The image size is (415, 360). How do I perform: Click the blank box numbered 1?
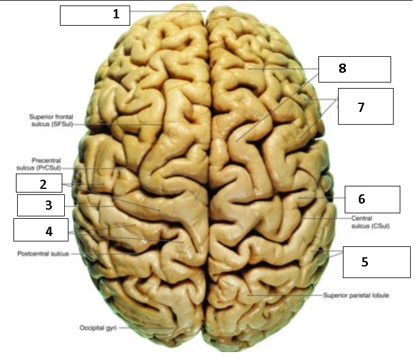95,15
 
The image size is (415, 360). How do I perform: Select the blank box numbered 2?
39,183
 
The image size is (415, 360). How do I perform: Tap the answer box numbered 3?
40,205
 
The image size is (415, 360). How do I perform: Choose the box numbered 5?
375,262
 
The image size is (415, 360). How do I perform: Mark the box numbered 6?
372,199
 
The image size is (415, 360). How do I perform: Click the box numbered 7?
365,106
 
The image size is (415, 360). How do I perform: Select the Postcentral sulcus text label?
43,253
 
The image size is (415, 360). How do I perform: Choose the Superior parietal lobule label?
356,295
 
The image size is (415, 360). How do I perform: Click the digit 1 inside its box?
116,14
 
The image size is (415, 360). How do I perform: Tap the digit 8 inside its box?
342,68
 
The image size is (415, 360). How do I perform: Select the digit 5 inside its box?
364,262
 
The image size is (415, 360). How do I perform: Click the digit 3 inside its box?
49,205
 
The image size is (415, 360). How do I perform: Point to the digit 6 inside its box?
361,199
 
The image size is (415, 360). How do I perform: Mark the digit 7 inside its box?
361,107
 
